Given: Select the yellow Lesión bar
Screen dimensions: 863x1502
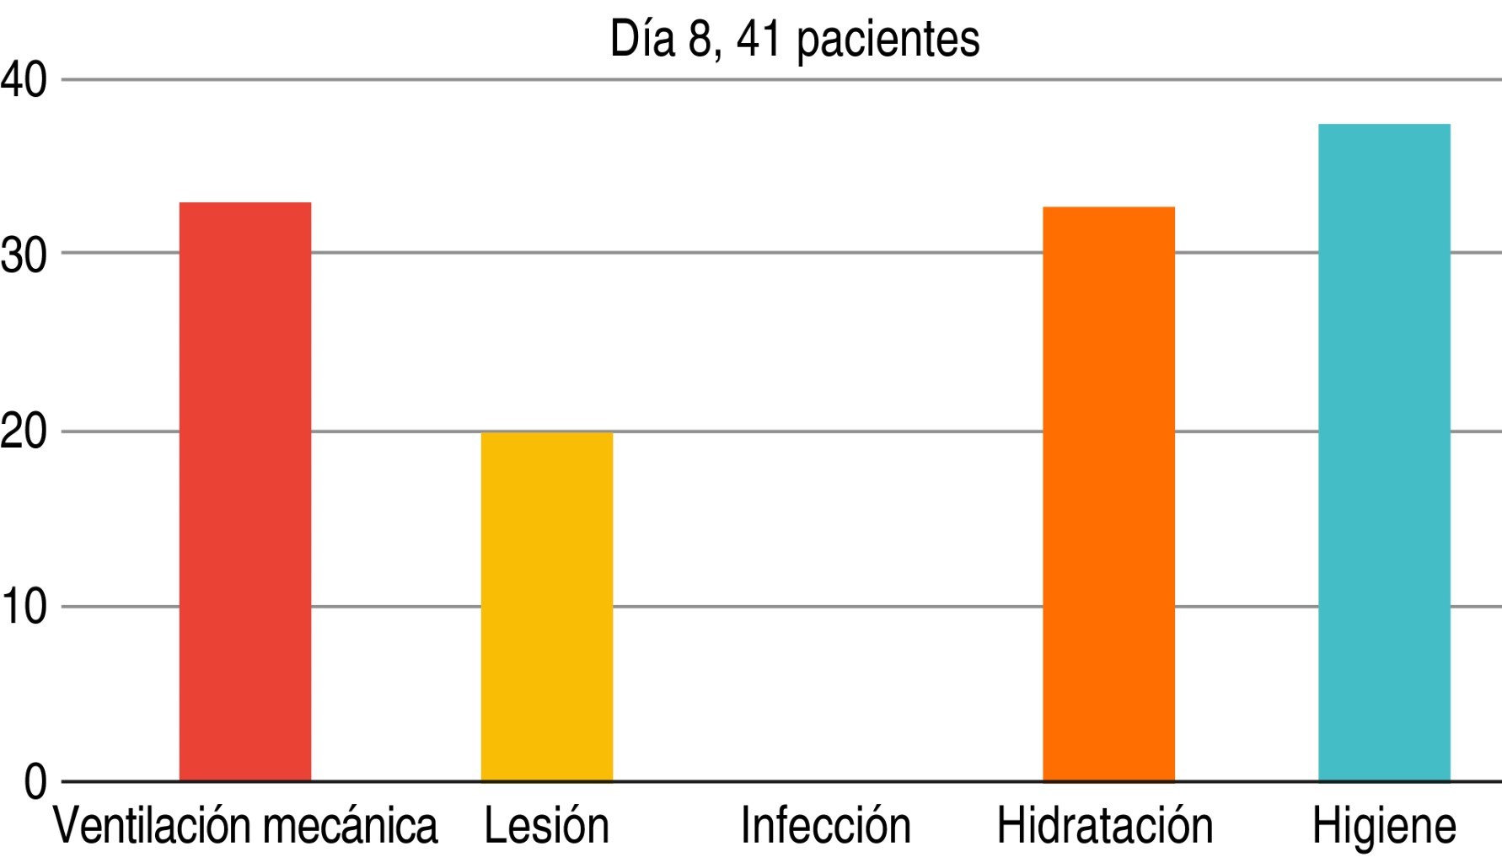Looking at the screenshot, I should pos(546,607).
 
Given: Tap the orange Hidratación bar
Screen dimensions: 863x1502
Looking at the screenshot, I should pos(1108,494).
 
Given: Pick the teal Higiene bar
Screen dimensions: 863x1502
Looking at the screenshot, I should pos(1384,453).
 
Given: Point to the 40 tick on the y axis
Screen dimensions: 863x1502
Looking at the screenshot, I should pos(24,81).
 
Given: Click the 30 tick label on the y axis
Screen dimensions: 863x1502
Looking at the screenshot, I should pos(24,255).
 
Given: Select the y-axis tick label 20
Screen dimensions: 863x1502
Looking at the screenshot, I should pos(24,433).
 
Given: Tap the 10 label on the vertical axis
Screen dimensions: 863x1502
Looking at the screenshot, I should pos(24,608).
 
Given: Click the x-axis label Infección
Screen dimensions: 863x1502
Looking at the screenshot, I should pos(825,826).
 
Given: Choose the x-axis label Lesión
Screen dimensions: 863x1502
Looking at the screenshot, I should pos(546,826).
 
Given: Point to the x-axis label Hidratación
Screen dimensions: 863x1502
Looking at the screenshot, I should pos(1104,826).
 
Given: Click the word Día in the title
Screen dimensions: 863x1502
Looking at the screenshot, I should pos(642,38).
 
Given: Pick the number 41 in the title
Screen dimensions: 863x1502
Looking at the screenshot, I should pos(759,39).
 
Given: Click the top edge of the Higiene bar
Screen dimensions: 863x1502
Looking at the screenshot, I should pos(1384,125).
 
